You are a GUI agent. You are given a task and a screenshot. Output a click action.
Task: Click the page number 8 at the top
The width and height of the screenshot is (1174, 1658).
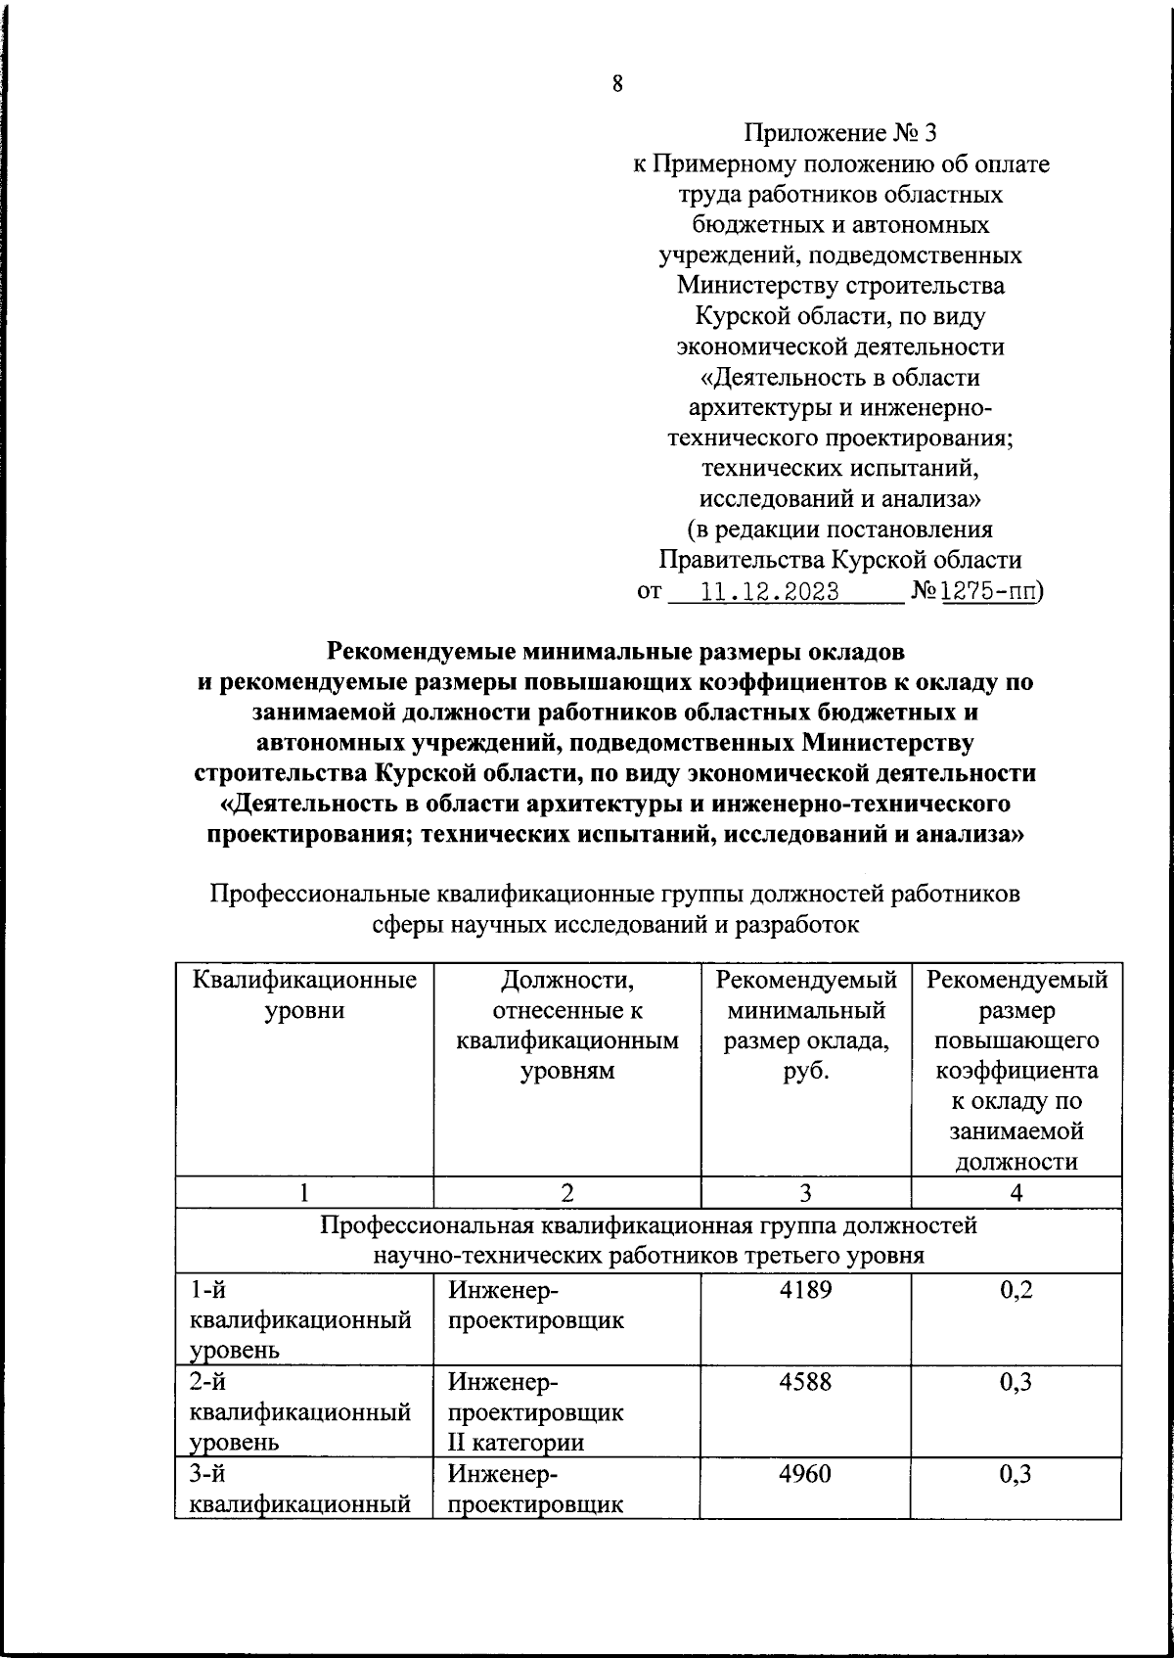pyautogui.click(x=617, y=84)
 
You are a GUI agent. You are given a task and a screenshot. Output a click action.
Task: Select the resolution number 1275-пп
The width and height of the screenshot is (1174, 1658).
pyautogui.click(x=990, y=591)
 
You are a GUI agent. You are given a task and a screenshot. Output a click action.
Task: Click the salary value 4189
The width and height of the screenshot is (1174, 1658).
pyautogui.click(x=805, y=1290)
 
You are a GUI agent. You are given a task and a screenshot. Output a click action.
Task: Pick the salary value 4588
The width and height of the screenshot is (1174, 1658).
pyautogui.click(x=805, y=1382)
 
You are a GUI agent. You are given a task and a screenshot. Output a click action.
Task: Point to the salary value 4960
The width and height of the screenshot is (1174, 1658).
pyautogui.click(x=805, y=1473)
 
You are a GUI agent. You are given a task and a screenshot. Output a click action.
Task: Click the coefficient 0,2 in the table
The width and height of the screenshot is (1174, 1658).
pyautogui.click(x=1016, y=1290)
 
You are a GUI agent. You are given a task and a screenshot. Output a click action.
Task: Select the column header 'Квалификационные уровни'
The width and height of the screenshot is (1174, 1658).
pyautogui.click(x=304, y=994)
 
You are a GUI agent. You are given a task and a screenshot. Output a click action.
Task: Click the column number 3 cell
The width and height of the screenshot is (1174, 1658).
pyautogui.click(x=805, y=1192)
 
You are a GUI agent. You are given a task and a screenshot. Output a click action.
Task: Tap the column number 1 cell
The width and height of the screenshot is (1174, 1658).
pyautogui.click(x=304, y=1192)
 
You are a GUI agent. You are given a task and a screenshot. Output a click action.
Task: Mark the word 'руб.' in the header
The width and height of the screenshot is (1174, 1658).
pyautogui.click(x=805, y=1071)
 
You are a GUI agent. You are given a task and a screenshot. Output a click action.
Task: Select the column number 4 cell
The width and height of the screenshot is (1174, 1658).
pyautogui.click(x=1016, y=1192)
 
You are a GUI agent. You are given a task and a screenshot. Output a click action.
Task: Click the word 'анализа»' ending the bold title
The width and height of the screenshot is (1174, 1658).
pyautogui.click(x=963, y=836)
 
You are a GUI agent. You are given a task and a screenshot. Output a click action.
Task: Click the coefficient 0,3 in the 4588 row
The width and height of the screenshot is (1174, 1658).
pyautogui.click(x=1016, y=1382)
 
